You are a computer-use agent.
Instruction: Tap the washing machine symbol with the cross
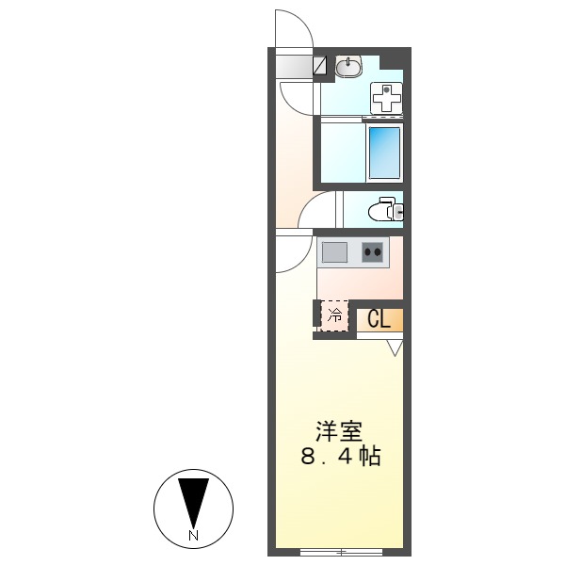(x=387, y=96)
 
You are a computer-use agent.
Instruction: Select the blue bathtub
(x=383, y=153)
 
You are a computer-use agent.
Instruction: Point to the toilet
(x=384, y=210)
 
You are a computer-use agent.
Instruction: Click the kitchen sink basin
(x=334, y=252)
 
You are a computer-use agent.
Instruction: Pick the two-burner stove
(x=374, y=252)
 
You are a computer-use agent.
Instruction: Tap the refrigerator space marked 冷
(x=334, y=316)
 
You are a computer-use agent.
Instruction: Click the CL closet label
(x=379, y=319)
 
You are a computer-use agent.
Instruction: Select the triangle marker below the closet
(x=395, y=347)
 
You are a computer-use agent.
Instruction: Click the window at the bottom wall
(x=340, y=551)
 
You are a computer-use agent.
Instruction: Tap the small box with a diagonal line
(x=320, y=66)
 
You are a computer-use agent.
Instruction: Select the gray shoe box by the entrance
(x=295, y=66)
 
